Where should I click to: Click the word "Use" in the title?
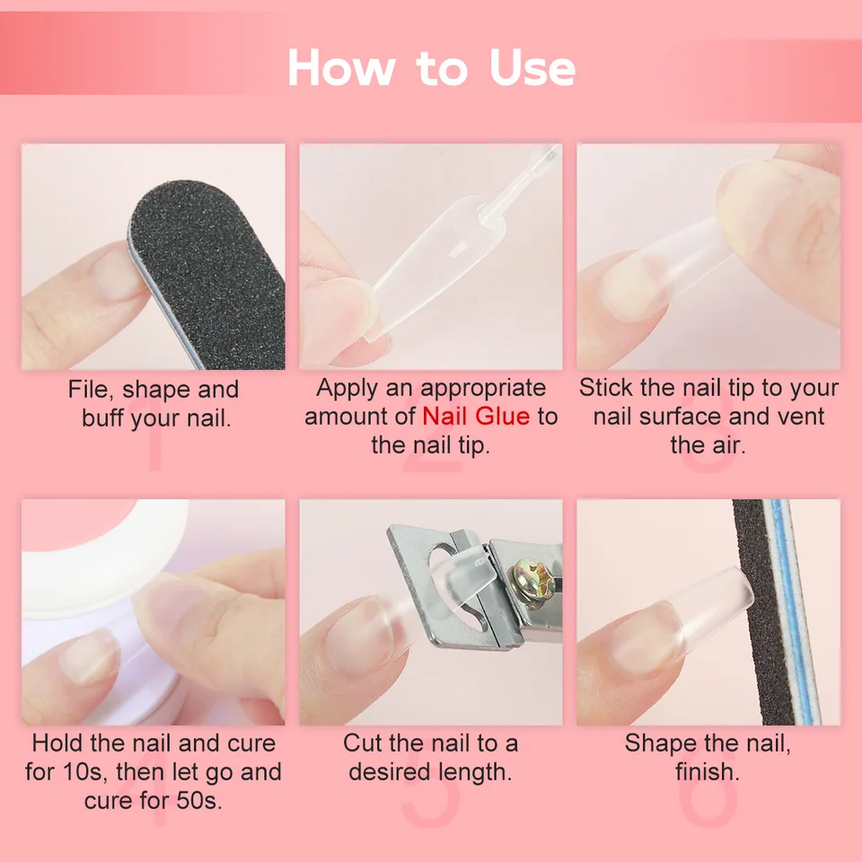[532, 67]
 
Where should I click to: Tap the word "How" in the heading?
[341, 67]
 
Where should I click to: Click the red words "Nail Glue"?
[476, 416]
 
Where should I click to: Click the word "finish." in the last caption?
[708, 772]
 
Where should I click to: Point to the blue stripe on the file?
[793, 611]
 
